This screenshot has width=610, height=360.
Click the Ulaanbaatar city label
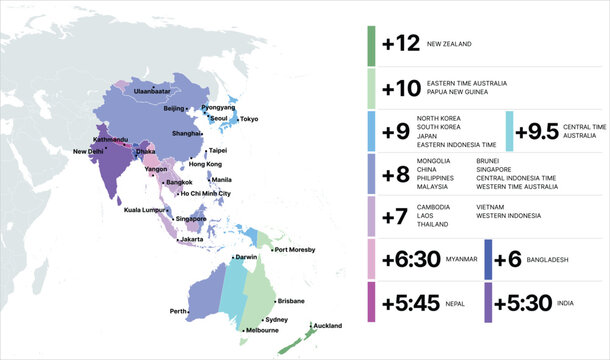[151, 91]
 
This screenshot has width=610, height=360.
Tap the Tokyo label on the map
[249, 119]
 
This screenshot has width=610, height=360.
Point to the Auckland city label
[327, 326]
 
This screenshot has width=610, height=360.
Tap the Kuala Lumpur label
[143, 210]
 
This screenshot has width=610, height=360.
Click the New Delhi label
[87, 152]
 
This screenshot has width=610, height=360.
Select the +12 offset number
[400, 44]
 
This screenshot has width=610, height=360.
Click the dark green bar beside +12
[371, 45]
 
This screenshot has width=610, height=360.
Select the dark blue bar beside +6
[488, 259]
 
